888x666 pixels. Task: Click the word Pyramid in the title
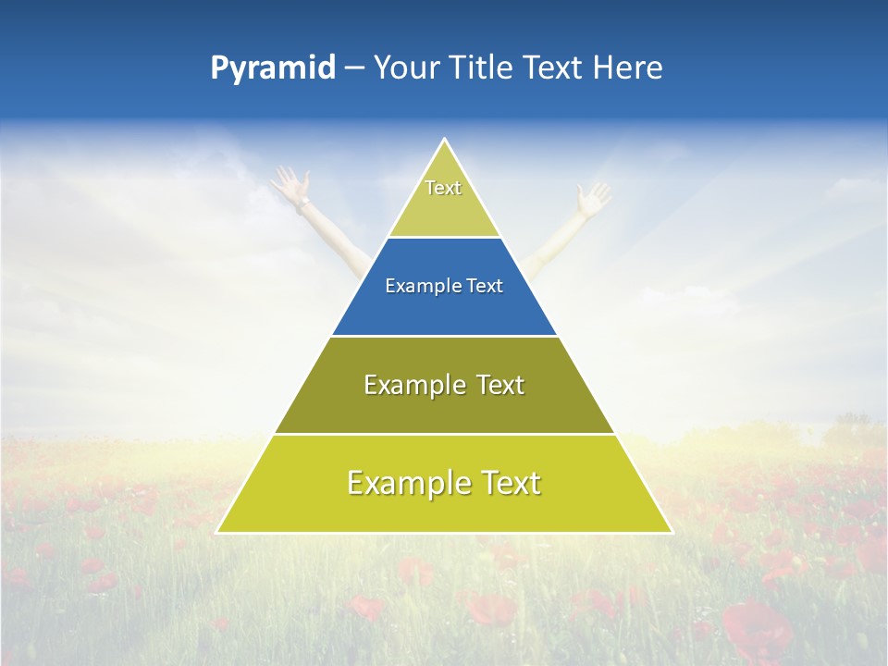[273, 68]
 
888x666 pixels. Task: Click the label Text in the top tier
[443, 188]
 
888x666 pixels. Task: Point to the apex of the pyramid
[444, 141]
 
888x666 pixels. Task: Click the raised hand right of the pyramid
[593, 198]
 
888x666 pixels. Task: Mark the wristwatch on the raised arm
[303, 201]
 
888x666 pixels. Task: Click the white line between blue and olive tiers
[444, 336]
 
